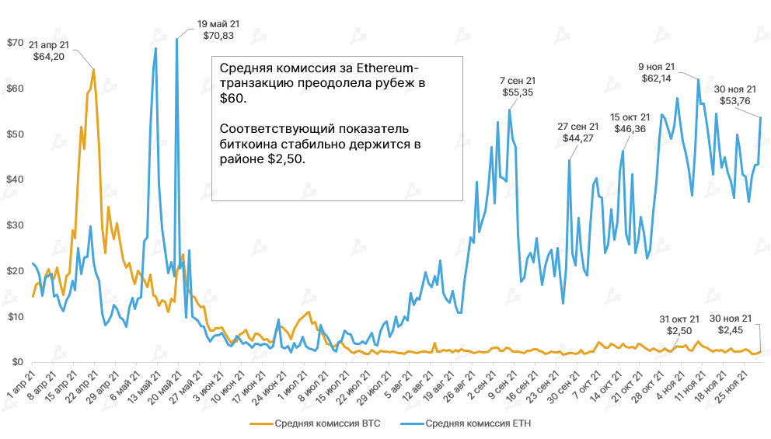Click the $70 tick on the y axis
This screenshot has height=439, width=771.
[15, 42]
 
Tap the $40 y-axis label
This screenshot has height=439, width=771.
[15, 179]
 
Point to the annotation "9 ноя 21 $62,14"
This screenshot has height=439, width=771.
[658, 72]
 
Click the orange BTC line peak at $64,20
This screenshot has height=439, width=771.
[94, 69]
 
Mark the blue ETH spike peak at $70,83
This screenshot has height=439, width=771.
[176, 39]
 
